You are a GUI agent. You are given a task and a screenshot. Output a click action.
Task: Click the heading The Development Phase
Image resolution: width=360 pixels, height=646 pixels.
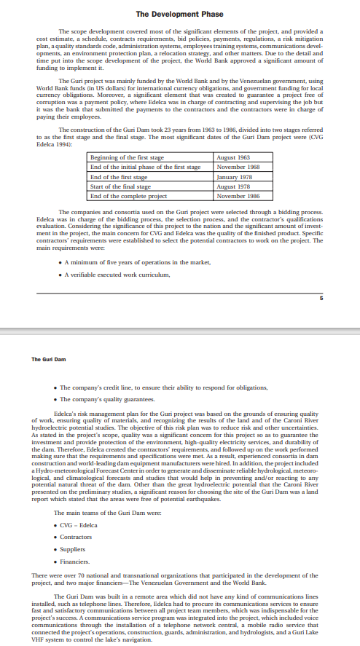[179, 14]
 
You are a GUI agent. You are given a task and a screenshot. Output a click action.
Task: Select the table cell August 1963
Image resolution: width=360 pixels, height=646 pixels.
[234, 158]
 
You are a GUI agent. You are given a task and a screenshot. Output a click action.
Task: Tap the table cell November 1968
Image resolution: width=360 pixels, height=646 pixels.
[238, 168]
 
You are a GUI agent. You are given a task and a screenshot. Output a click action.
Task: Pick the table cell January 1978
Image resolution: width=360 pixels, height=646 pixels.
[234, 177]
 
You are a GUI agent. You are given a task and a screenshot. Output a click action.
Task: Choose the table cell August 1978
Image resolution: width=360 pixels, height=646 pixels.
[234, 186]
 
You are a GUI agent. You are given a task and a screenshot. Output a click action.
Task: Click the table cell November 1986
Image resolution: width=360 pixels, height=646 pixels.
[238, 196]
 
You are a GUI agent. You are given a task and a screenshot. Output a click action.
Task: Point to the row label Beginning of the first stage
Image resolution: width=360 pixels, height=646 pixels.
[126, 158]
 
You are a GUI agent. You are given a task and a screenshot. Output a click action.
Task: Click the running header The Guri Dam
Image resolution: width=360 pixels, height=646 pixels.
[48, 358]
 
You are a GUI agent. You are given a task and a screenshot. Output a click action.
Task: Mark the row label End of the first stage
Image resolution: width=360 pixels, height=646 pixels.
[118, 177]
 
